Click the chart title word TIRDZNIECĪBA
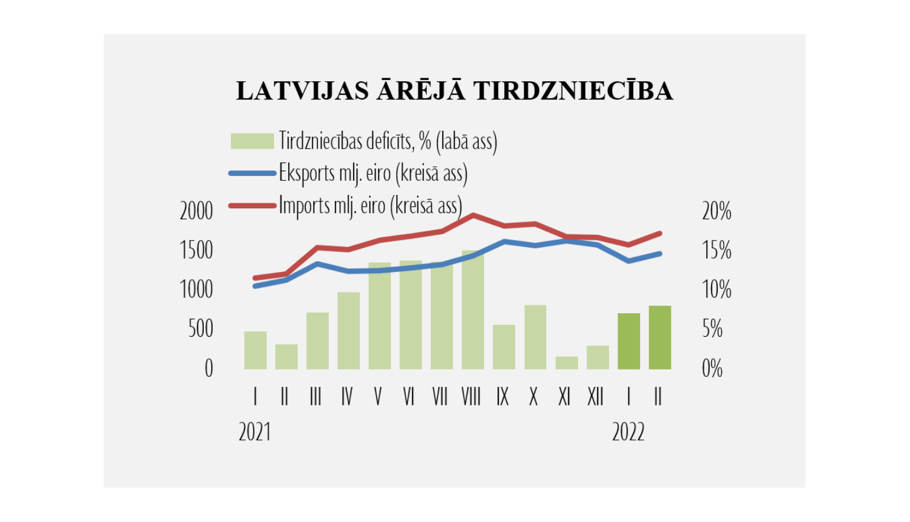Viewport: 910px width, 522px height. pyautogui.click(x=573, y=91)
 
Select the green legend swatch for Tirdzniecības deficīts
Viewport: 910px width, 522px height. pyautogui.click(x=252, y=141)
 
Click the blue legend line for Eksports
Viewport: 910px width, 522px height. pyautogui.click(x=252, y=174)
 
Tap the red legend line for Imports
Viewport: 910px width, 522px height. pyautogui.click(x=252, y=206)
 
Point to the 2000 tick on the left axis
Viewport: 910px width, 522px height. pyautogui.click(x=196, y=211)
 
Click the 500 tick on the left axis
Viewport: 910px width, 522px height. pyautogui.click(x=200, y=329)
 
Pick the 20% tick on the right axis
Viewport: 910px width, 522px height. pyautogui.click(x=716, y=211)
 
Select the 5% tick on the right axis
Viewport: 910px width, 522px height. pyautogui.click(x=712, y=329)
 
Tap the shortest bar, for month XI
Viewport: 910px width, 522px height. pyautogui.click(x=567, y=363)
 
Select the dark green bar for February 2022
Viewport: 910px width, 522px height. pyautogui.click(x=659, y=337)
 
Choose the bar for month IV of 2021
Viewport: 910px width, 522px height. pyautogui.click(x=348, y=331)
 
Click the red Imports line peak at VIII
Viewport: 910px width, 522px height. pyautogui.click(x=473, y=215)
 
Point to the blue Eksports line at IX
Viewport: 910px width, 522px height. pyautogui.click(x=504, y=242)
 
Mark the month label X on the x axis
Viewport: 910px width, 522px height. pyautogui.click(x=533, y=397)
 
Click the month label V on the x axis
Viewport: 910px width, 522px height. pyautogui.click(x=378, y=397)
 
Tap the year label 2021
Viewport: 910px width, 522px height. pyautogui.click(x=254, y=432)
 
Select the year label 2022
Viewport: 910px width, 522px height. pyautogui.click(x=628, y=432)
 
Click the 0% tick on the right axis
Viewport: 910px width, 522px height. pyautogui.click(x=712, y=368)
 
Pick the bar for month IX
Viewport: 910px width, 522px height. pyautogui.click(x=504, y=347)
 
